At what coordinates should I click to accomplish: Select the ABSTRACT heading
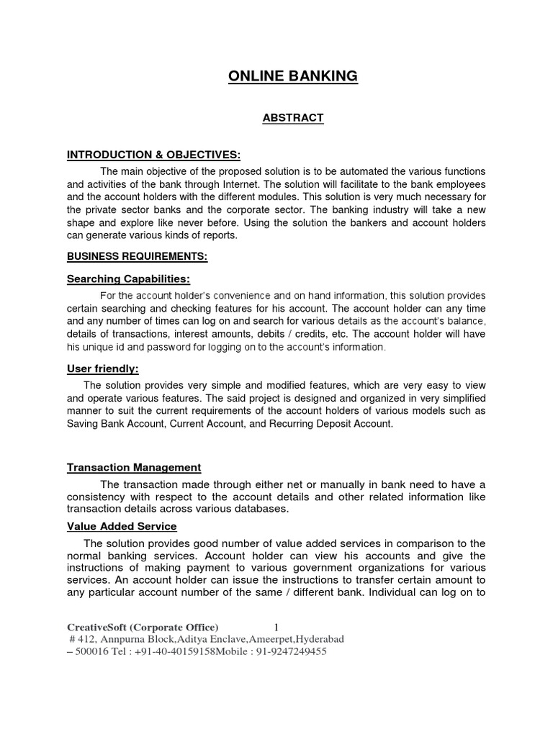click(x=292, y=117)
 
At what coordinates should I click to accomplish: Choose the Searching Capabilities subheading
click(x=128, y=279)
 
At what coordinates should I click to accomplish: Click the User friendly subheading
click(x=102, y=368)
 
